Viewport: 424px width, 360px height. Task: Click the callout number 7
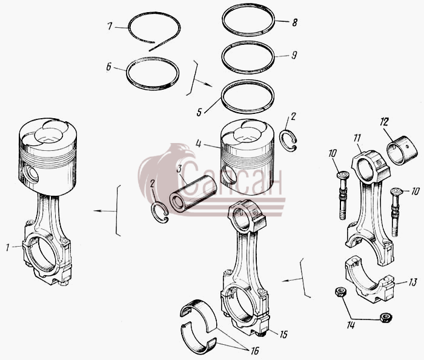pos(110,26)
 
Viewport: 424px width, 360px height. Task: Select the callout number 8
pos(294,22)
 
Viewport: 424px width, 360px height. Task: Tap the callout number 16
pos(254,350)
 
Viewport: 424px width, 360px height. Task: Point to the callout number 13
pos(412,282)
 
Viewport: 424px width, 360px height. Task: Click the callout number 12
pos(383,122)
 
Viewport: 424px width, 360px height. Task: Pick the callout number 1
pos(8,247)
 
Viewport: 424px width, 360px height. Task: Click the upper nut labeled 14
pos(339,292)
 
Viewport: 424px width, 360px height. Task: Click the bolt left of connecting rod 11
pos(342,195)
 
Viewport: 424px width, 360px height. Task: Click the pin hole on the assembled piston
pos(30,175)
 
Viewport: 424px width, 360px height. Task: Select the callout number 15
pos(283,335)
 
